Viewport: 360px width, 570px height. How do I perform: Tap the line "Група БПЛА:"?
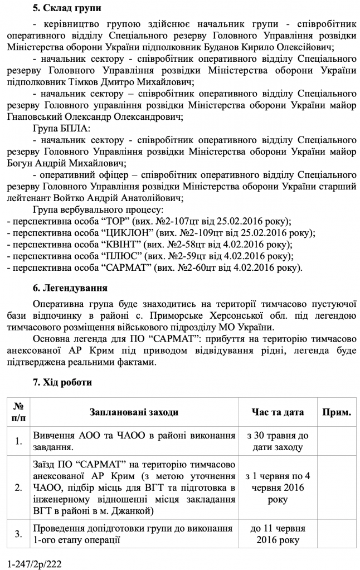tap(60, 129)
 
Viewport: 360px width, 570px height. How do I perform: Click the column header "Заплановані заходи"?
tap(134, 412)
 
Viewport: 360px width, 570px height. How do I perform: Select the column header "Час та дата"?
tap(276, 412)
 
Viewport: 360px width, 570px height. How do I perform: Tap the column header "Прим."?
tap(336, 412)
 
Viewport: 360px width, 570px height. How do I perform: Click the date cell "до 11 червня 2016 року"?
tap(276, 534)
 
